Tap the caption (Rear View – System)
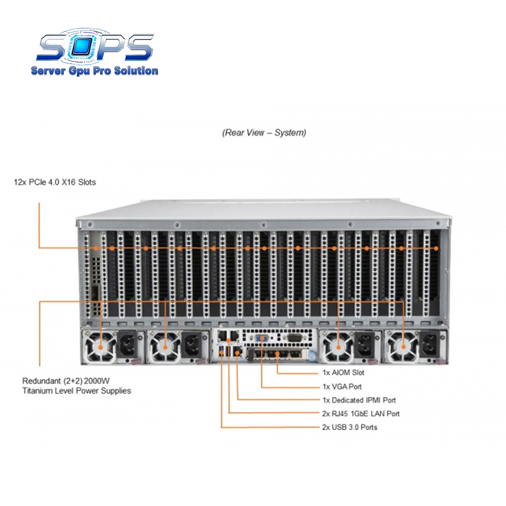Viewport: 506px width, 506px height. coord(264,133)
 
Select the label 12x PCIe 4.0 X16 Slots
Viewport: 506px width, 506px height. coord(55,182)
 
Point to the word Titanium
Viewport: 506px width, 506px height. coord(37,391)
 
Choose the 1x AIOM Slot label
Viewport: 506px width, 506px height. coord(344,373)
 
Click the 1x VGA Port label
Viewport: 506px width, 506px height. coord(342,387)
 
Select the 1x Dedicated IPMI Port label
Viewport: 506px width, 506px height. coord(359,400)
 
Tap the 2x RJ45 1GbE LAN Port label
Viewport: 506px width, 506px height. coord(361,414)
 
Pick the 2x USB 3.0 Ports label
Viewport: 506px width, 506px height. coord(350,427)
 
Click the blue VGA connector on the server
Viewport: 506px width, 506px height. coord(262,339)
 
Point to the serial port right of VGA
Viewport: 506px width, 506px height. coord(293,338)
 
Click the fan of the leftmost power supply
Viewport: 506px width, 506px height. coord(100,347)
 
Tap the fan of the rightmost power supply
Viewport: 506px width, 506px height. coord(403,347)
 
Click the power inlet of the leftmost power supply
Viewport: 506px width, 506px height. coord(128,346)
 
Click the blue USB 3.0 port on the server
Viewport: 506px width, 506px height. coord(222,352)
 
